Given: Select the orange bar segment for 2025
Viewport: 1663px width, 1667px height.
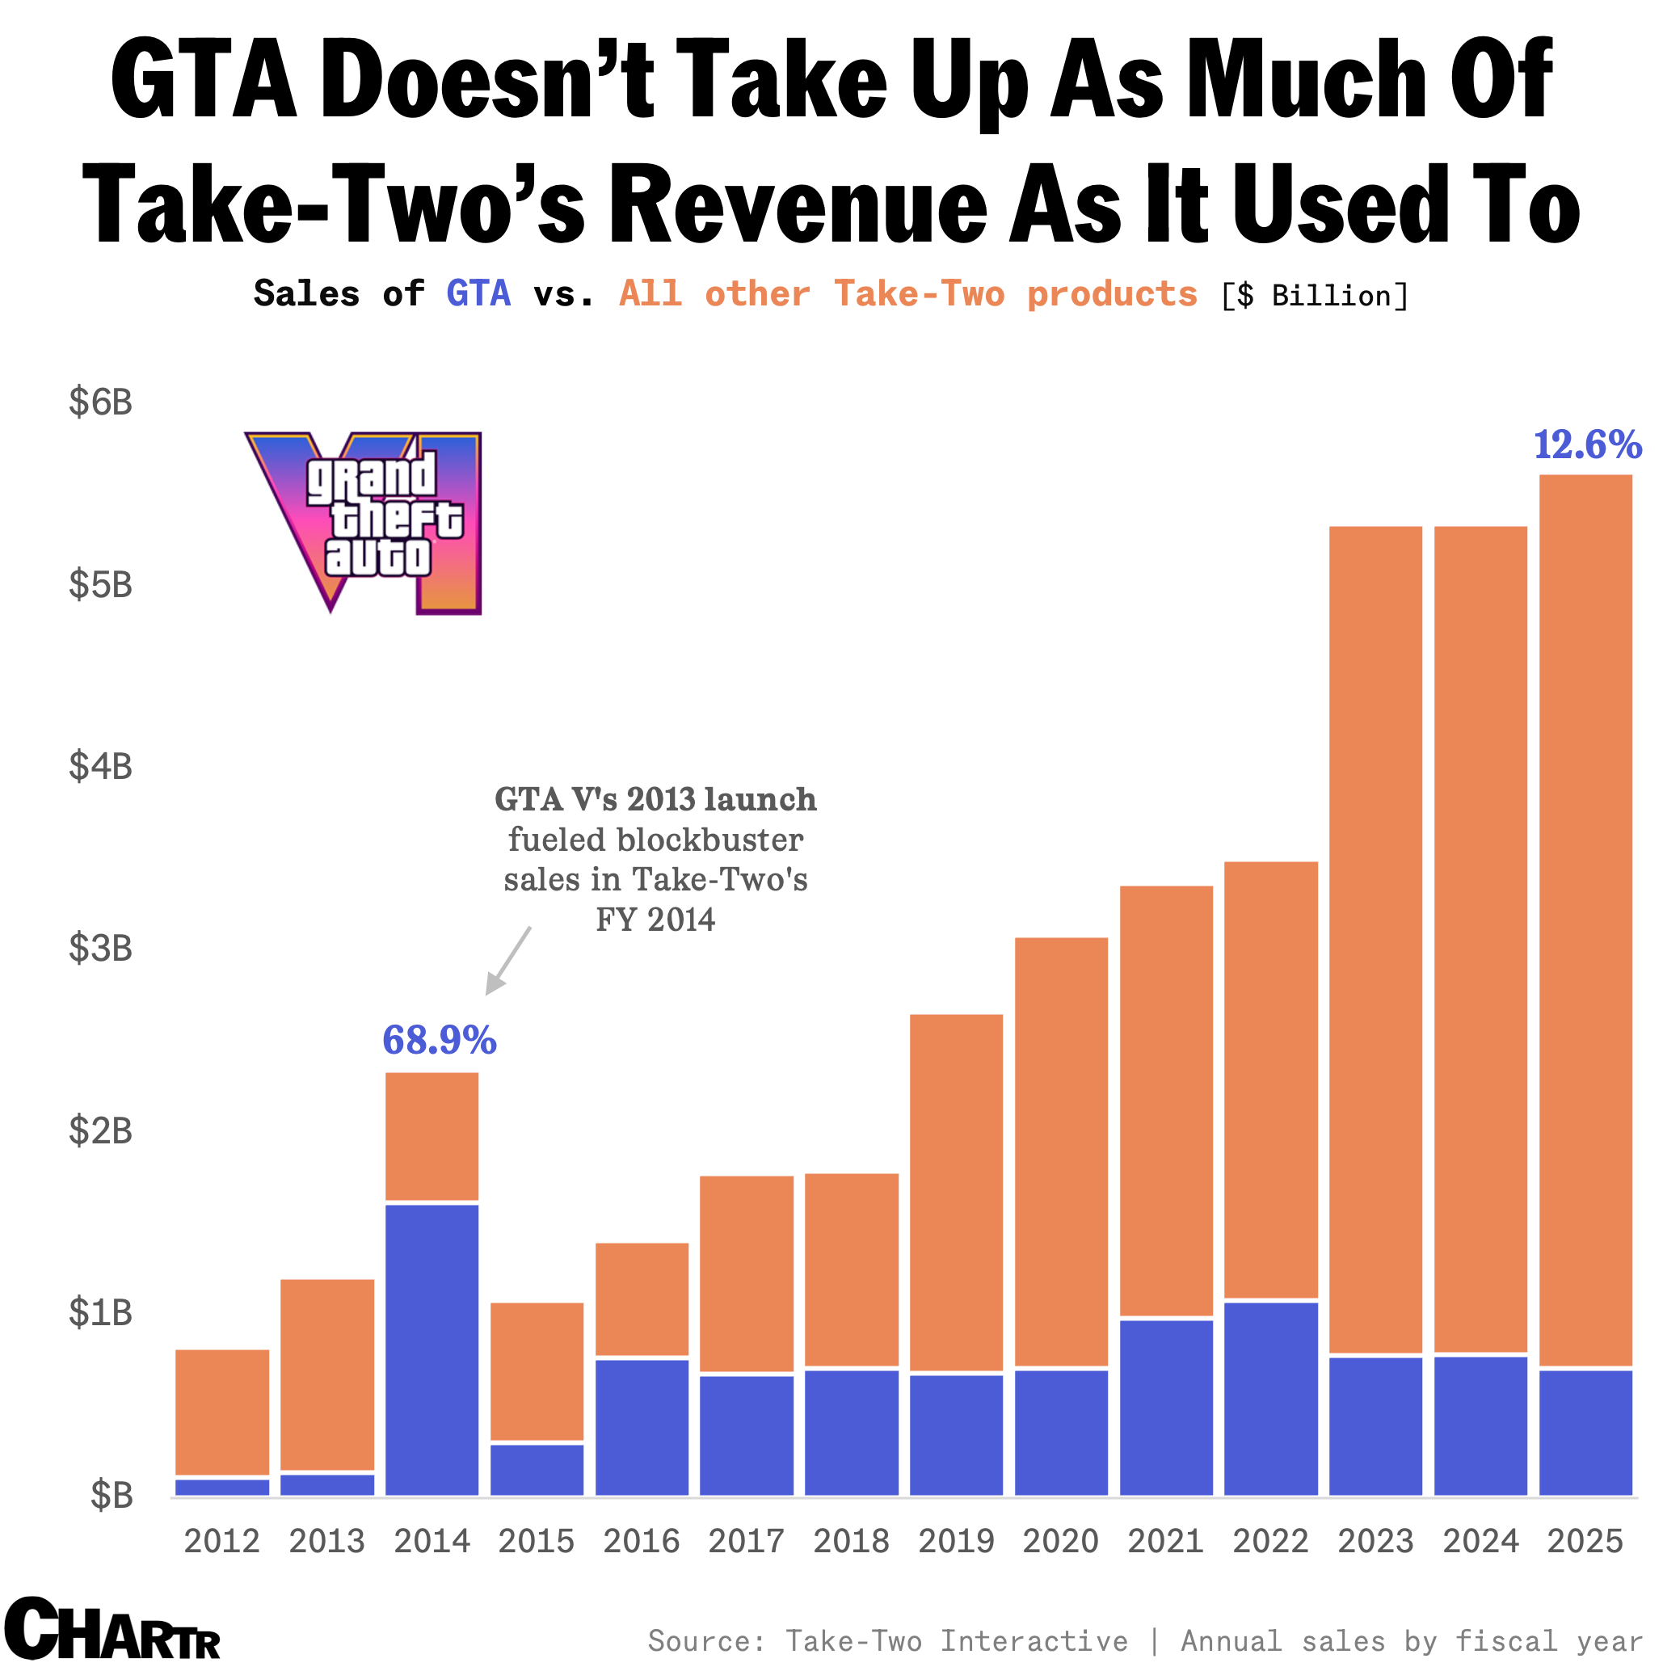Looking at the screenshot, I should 1585,919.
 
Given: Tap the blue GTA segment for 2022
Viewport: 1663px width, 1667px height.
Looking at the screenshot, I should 1270,1398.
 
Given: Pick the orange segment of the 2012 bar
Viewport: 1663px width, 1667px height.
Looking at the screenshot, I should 221,1412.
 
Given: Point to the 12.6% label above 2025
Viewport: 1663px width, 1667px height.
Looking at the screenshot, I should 1586,444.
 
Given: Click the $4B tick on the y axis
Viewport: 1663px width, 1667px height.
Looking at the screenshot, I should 101,765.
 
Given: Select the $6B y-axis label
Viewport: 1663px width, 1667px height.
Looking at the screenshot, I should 101,402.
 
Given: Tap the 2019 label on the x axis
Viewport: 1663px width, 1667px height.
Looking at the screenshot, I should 955,1540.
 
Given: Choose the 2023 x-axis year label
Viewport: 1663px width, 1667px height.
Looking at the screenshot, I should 1375,1540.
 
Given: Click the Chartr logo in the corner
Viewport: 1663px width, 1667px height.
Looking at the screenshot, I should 112,1628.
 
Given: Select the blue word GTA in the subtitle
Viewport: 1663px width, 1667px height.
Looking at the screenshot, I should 478,293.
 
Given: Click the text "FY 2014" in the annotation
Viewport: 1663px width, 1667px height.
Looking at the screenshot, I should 655,920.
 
